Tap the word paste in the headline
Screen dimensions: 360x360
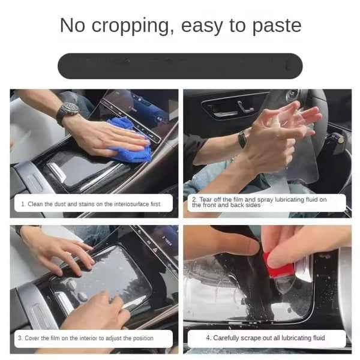277,26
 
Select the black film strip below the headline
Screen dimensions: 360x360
180,66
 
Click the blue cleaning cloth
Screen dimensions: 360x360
131,140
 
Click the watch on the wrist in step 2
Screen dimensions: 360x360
242,139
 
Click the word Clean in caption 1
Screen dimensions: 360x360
35,204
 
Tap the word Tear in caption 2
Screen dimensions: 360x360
205,199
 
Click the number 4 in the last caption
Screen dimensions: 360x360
208,338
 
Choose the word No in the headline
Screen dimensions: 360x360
73,26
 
